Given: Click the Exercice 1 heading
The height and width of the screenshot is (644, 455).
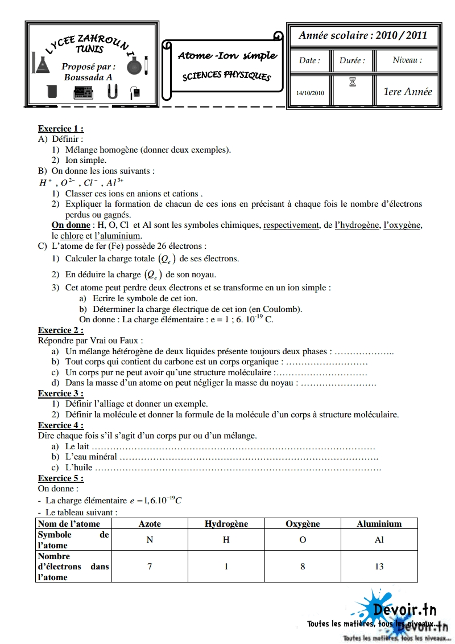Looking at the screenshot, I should (x=61, y=129).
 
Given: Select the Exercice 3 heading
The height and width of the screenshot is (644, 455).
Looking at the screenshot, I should (x=61, y=393).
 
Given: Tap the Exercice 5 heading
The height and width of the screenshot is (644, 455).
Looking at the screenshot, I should (x=61, y=478).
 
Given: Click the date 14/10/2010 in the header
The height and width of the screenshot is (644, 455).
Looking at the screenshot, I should (x=310, y=93).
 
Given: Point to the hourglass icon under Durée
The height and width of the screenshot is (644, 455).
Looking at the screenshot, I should (x=353, y=83).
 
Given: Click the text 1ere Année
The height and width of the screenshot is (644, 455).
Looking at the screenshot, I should (x=408, y=91).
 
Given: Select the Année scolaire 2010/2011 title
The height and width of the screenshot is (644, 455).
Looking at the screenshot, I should (x=363, y=35).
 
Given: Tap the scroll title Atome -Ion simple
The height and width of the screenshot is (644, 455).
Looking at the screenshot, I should (x=227, y=56).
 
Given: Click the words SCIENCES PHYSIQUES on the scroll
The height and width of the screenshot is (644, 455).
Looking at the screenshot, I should (x=227, y=76).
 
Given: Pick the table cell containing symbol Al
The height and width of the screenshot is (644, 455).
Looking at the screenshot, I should (x=379, y=540).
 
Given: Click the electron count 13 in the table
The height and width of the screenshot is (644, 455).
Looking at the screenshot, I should (x=379, y=567).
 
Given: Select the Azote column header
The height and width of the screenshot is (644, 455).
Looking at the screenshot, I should (x=150, y=524).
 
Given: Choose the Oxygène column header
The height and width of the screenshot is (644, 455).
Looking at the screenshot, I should (x=303, y=524).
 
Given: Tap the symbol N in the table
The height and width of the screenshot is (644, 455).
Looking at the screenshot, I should (x=150, y=540).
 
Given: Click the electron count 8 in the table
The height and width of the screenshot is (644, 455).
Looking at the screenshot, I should (x=303, y=567).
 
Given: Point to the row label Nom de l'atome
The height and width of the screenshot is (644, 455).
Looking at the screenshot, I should (x=69, y=524).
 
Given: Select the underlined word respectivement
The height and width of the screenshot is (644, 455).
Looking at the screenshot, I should (x=291, y=225).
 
